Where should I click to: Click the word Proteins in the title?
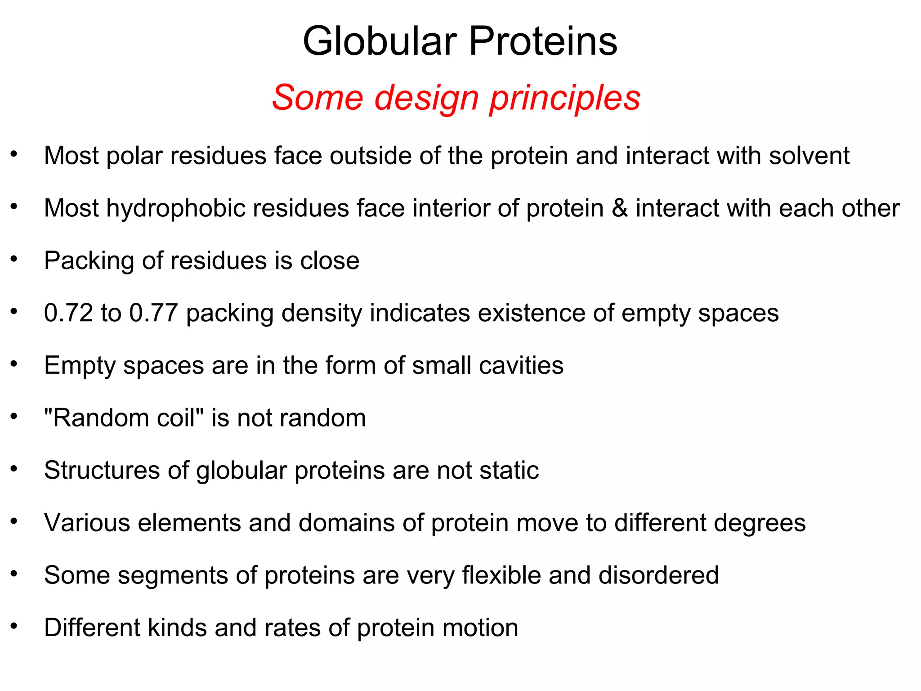click(543, 41)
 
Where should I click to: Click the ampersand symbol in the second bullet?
click(619, 208)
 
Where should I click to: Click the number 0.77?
click(154, 313)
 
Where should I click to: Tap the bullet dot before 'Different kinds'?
click(14, 626)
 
